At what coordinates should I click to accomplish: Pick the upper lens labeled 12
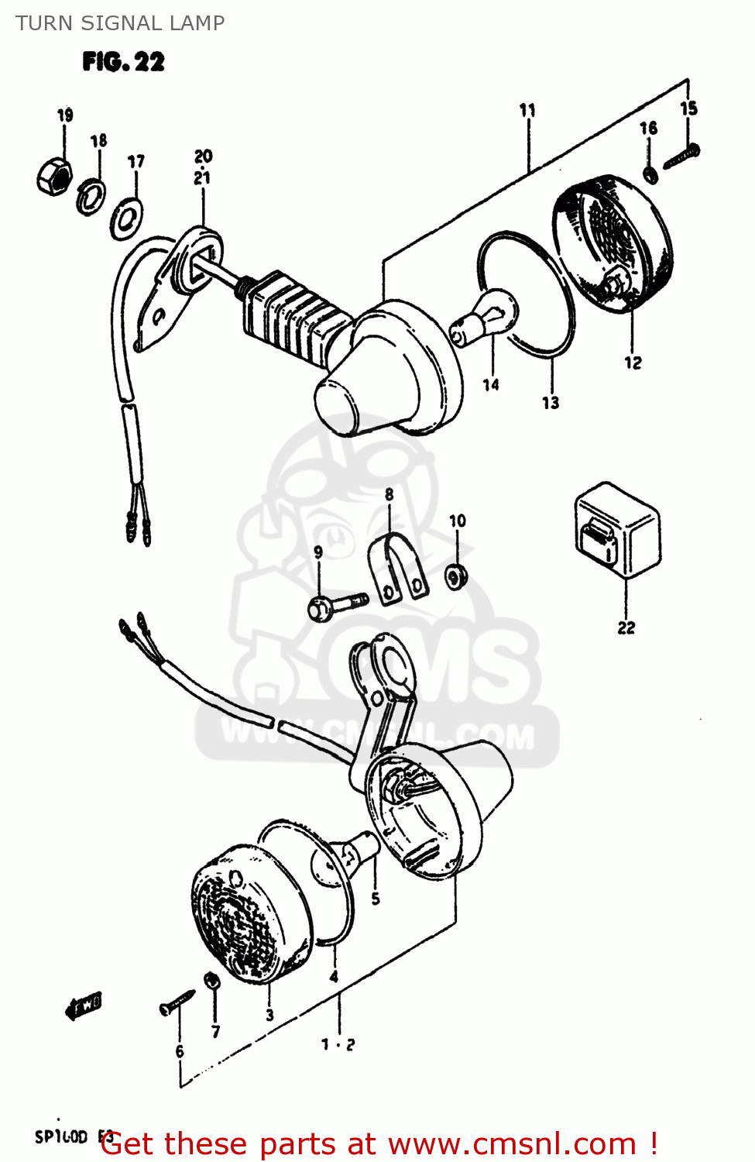tap(612, 245)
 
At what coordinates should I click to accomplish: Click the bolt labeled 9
tap(337, 604)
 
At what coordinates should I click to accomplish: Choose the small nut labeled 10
tap(457, 576)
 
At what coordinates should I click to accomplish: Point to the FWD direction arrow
tap(83, 1006)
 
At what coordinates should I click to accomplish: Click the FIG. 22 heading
tap(124, 62)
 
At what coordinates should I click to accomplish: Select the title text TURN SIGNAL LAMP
tap(120, 23)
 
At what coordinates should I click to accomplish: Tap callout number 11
tap(527, 110)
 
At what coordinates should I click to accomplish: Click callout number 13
tap(551, 403)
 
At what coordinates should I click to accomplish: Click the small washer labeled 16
tap(651, 175)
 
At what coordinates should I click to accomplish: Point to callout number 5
tap(376, 899)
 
